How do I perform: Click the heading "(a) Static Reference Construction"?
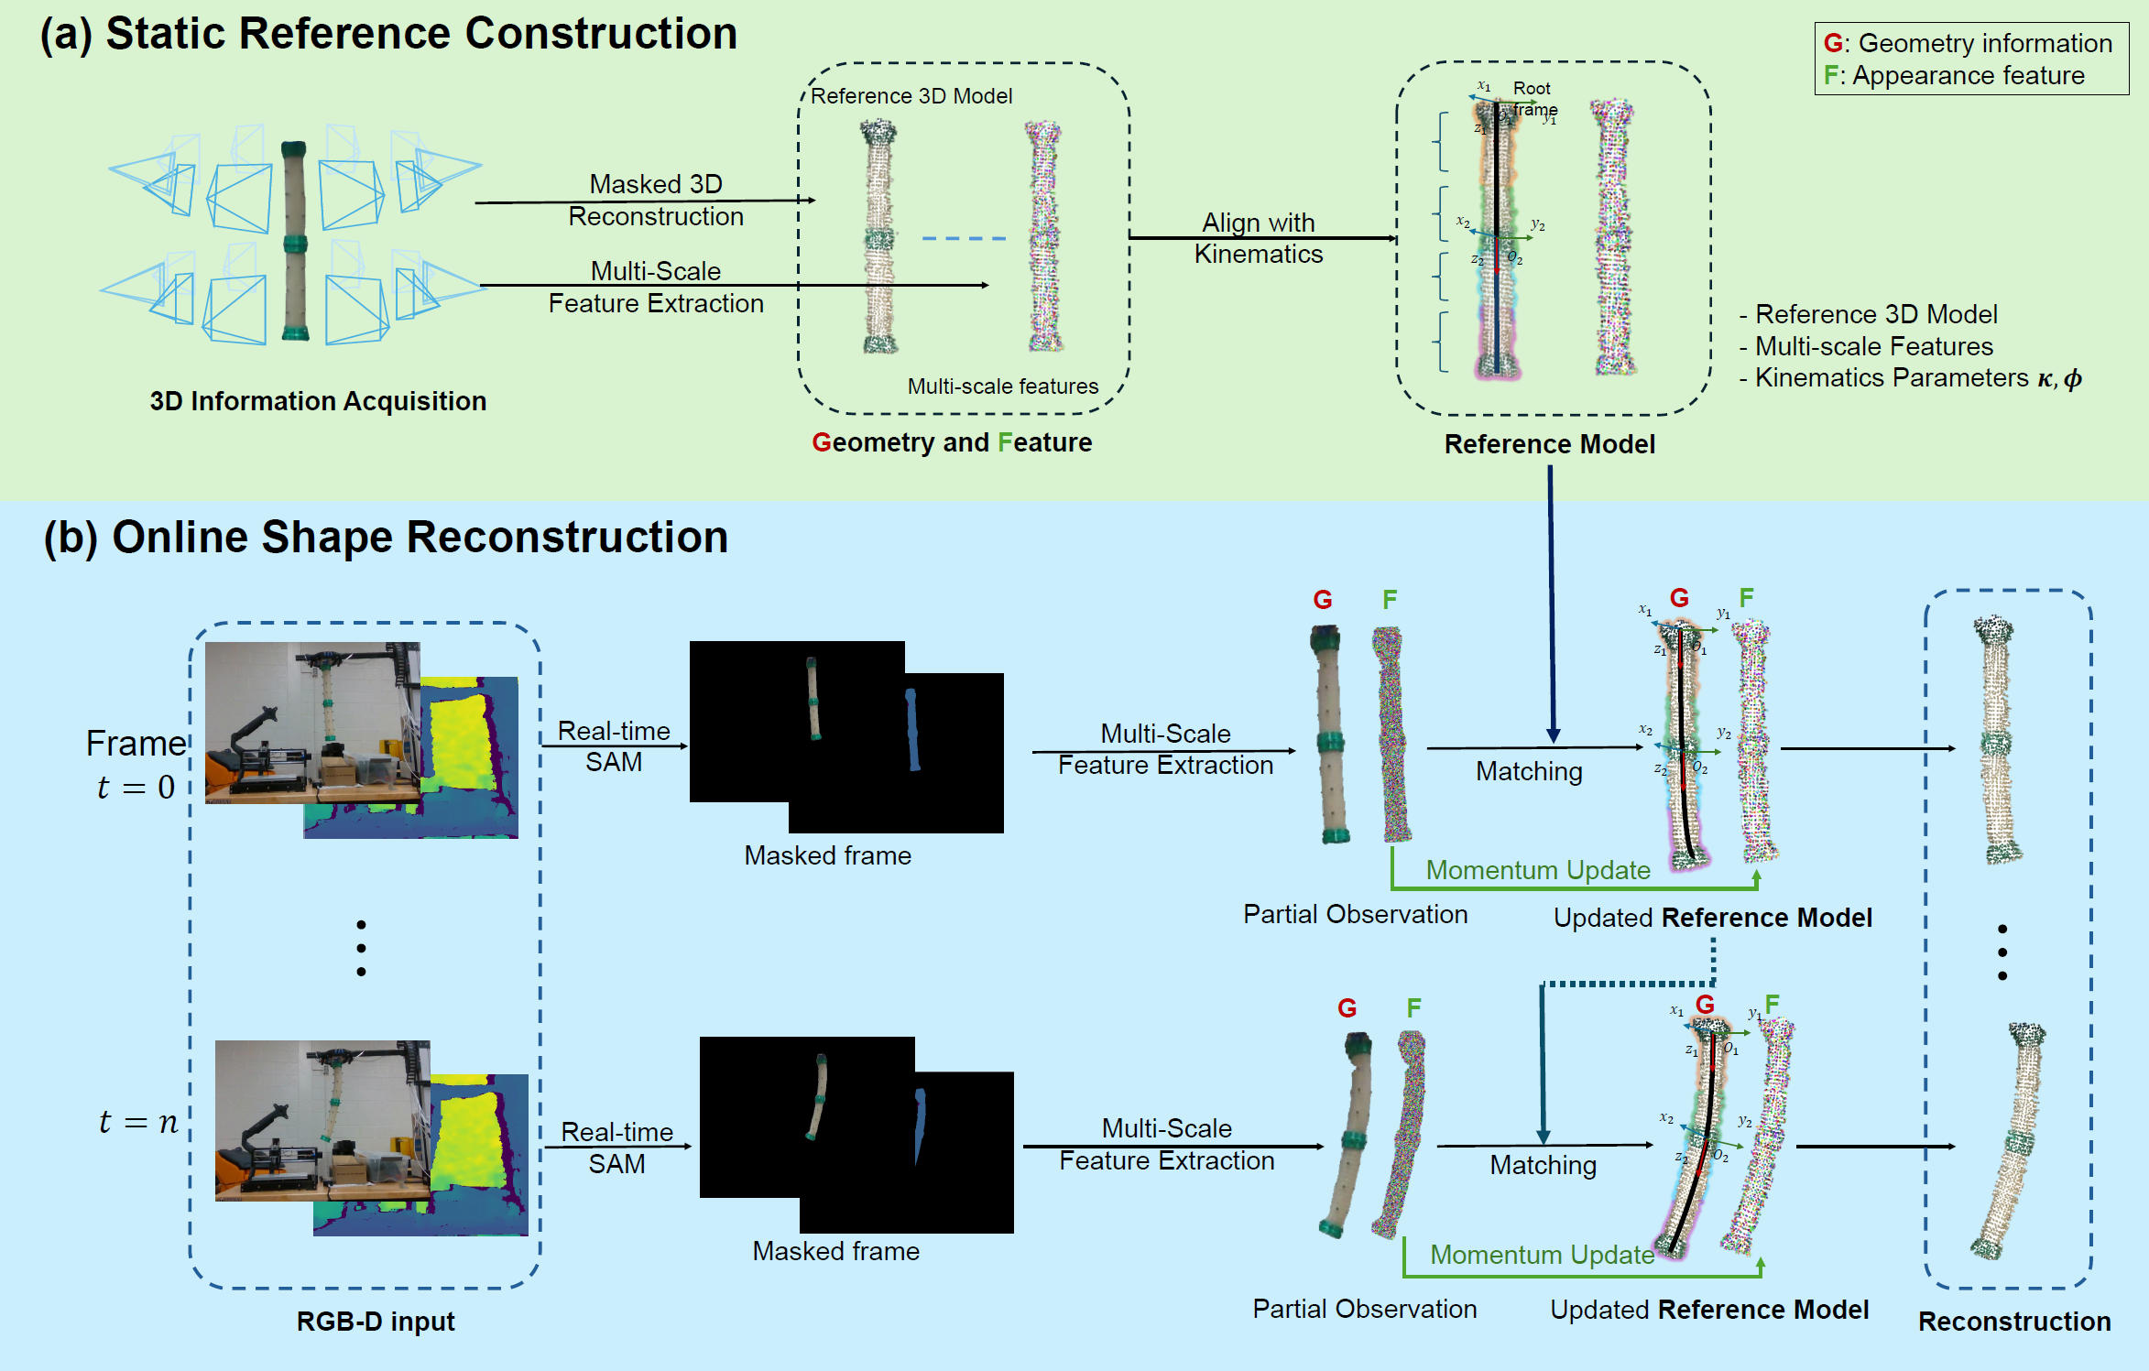tap(388, 34)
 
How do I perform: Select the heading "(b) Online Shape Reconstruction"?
tap(386, 538)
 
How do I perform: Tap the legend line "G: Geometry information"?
tap(1968, 43)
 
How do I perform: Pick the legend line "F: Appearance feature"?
tap(1955, 75)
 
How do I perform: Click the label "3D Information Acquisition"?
tap(318, 401)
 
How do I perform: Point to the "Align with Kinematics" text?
tap(1259, 238)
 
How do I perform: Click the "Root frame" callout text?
tap(1533, 98)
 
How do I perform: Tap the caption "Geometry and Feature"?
tap(952, 442)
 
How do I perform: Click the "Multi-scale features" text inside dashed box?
tap(1003, 386)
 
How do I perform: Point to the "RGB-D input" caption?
tap(376, 1322)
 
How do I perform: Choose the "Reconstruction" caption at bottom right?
tap(2014, 1322)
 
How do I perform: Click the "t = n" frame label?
tap(138, 1122)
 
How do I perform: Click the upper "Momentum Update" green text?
tap(1538, 870)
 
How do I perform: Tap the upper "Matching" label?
tap(1529, 771)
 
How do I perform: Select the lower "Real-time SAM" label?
tap(616, 1148)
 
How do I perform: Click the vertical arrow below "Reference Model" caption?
tap(1552, 604)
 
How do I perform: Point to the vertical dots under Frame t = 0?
tap(361, 948)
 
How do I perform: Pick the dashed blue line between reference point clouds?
tap(964, 239)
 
